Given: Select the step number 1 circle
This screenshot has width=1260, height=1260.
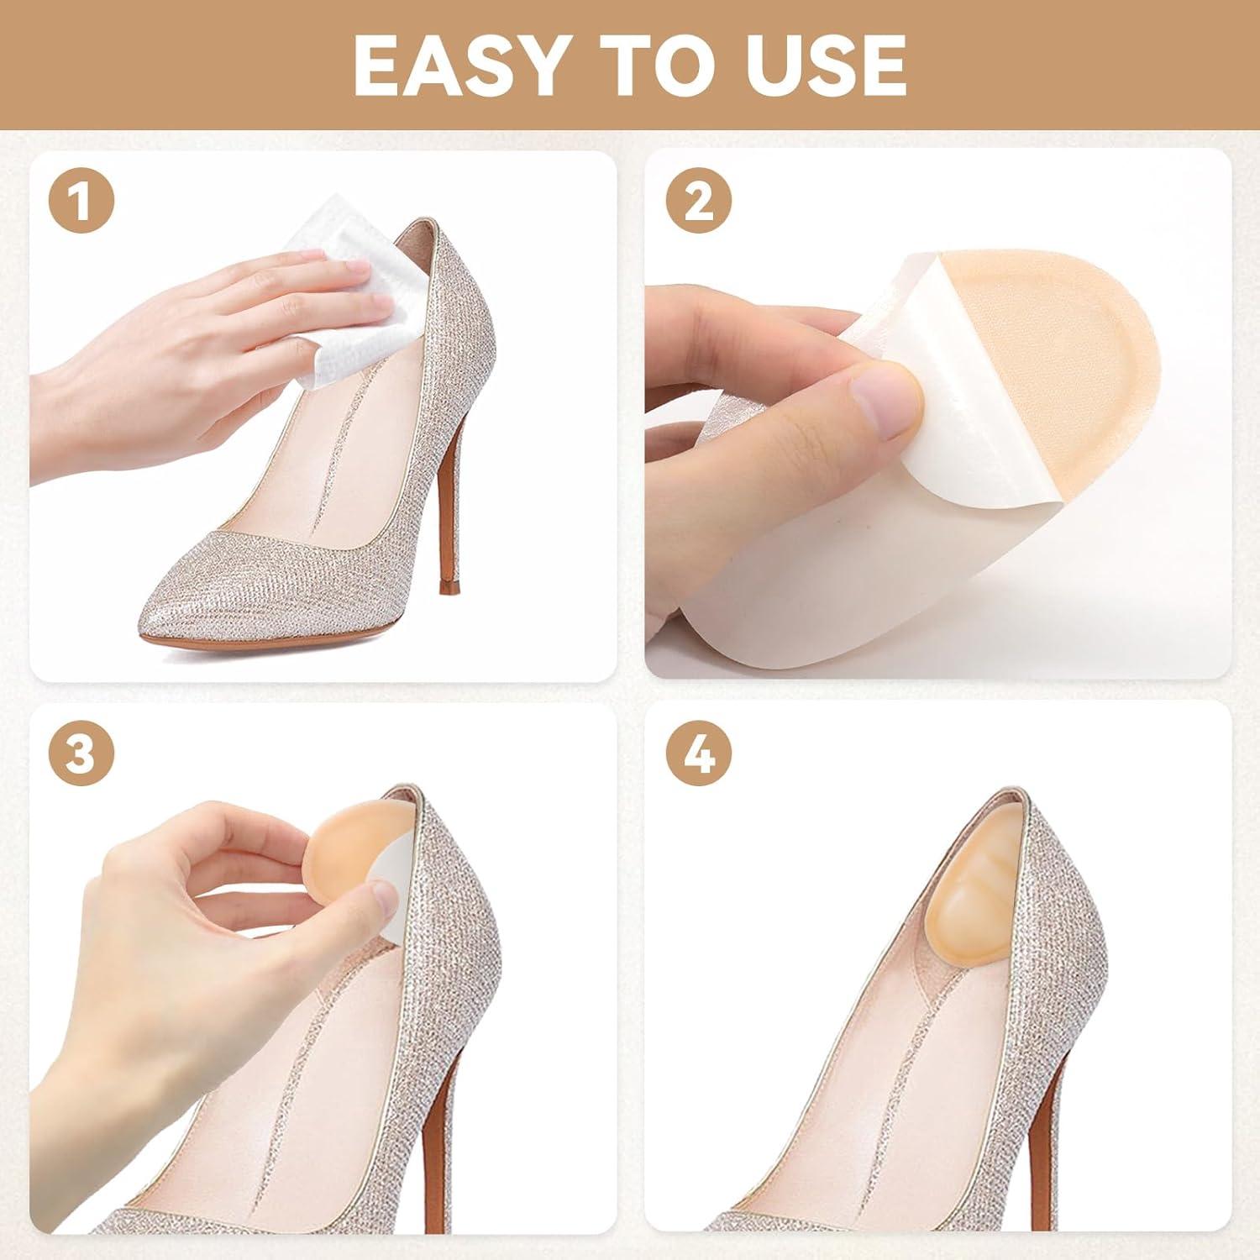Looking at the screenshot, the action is point(81,202).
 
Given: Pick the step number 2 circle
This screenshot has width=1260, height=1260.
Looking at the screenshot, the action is point(699,202).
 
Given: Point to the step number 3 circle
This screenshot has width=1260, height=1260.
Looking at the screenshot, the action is point(81,753).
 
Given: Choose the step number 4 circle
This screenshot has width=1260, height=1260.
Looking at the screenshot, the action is point(699,753).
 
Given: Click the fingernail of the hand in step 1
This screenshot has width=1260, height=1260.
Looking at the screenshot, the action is point(359,269).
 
